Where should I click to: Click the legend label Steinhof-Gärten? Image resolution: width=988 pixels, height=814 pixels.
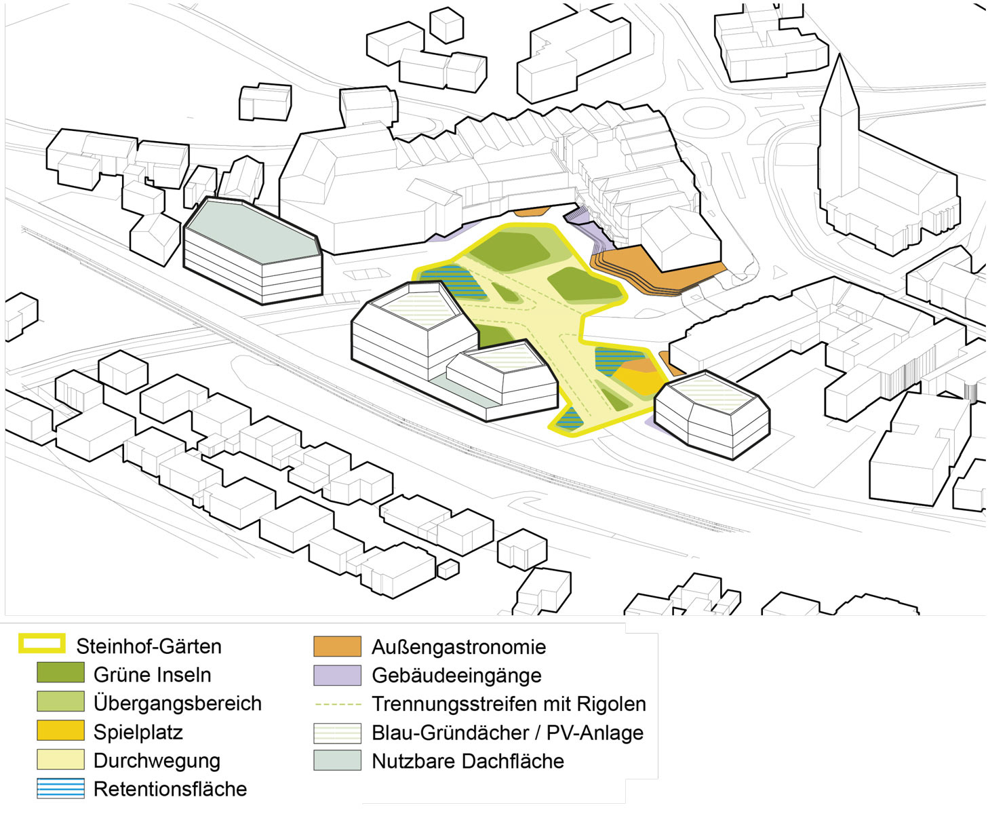tap(149, 646)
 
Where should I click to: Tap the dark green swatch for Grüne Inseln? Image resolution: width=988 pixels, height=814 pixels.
tap(60, 673)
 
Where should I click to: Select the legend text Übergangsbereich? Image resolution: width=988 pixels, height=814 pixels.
tap(177, 703)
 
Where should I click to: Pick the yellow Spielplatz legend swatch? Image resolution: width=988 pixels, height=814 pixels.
tap(60, 731)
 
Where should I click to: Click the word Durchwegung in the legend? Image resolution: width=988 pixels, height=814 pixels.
tap(157, 760)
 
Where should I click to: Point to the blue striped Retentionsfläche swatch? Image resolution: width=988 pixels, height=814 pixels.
tap(60, 788)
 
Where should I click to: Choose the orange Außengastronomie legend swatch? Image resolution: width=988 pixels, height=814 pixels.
tap(337, 646)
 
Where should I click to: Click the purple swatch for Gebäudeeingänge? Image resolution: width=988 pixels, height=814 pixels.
tap(337, 675)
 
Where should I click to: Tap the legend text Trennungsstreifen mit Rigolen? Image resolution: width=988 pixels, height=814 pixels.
tap(509, 703)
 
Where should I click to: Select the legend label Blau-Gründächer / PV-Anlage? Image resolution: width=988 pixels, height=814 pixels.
tap(507, 733)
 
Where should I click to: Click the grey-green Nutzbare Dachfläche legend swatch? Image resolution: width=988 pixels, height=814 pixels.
tap(337, 760)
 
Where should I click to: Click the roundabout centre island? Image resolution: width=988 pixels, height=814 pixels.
tap(705, 117)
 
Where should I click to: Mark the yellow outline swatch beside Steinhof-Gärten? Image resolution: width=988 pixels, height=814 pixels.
tap(42, 643)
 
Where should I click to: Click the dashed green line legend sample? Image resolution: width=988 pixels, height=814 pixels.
tap(337, 704)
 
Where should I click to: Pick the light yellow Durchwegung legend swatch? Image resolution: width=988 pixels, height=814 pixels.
tap(60, 760)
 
